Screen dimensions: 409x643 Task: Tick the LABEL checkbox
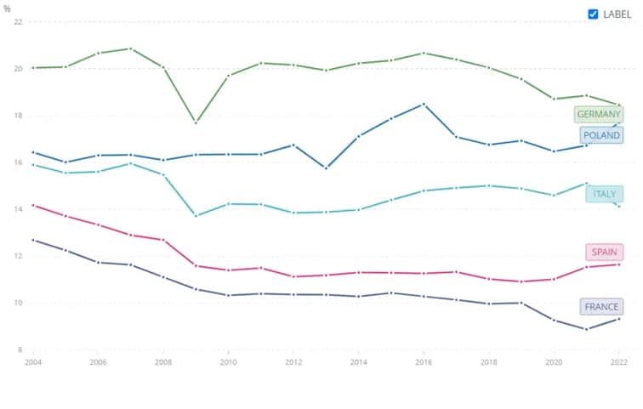[594, 14]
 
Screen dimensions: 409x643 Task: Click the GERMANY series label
[599, 114]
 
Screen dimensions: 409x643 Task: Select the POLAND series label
[601, 135]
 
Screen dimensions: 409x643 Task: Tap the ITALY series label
[604, 195]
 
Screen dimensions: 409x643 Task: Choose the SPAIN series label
[603, 253]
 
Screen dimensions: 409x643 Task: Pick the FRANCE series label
[601, 307]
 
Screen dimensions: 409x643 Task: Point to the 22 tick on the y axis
[17, 21]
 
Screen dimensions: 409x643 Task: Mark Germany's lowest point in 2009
[196, 122]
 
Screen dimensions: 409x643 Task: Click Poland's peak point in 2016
[423, 104]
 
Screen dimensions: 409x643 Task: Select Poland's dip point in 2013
[326, 168]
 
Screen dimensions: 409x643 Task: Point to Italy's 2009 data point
[196, 215]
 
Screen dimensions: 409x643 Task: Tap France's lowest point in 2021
[586, 329]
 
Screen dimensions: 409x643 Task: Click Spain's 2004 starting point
[33, 205]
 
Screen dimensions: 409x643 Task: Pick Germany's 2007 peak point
[130, 48]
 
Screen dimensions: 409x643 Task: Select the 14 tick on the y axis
[17, 209]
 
